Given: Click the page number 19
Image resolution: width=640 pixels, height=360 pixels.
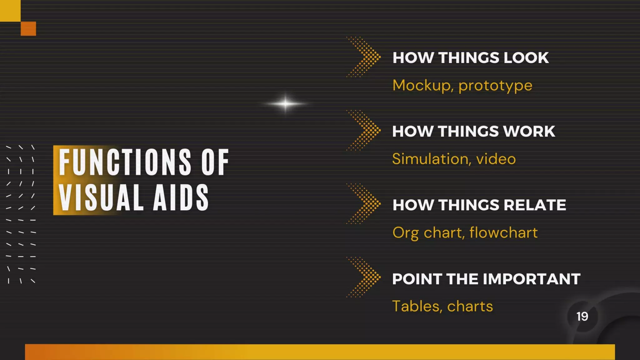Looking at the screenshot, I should (582, 317).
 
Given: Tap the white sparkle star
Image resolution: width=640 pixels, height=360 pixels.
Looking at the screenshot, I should (285, 103).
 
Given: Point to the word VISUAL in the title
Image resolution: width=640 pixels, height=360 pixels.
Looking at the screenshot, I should (101, 197).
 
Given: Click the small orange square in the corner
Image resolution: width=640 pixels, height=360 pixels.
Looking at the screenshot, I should (28, 29).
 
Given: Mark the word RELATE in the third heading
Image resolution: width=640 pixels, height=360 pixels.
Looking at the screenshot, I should (535, 205).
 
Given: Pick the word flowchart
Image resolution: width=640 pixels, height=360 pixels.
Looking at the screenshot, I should (503, 233).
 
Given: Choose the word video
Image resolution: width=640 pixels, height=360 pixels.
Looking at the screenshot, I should (496, 159).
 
